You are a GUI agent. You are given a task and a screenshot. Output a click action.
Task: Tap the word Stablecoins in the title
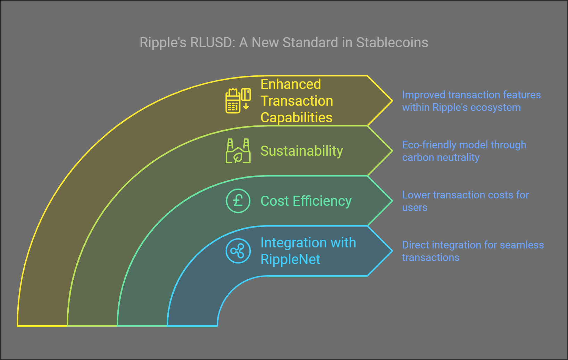(392, 43)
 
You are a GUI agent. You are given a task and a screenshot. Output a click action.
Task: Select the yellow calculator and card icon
(238, 101)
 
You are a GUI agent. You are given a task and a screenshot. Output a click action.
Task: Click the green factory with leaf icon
(238, 151)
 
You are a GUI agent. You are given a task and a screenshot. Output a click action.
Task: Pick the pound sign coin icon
(238, 201)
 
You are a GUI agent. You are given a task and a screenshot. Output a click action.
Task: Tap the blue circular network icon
(238, 251)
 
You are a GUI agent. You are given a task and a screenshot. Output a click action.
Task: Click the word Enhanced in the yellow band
(291, 84)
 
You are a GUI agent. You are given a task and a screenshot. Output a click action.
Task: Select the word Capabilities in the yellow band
(296, 118)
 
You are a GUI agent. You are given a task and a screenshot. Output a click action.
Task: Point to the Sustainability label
(301, 151)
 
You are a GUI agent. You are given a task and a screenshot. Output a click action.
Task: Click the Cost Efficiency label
(306, 201)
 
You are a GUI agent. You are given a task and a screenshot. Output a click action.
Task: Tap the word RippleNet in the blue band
(290, 260)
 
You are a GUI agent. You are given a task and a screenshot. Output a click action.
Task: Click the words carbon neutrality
(441, 158)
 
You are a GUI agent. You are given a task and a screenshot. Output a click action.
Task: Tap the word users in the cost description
(415, 208)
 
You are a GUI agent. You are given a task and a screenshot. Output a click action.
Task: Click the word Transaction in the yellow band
(297, 101)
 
